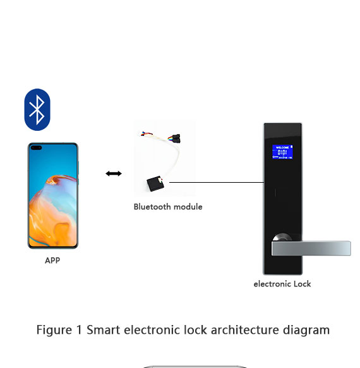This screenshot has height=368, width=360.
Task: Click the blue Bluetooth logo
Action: coord(37,109)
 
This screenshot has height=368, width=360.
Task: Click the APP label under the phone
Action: coord(52,260)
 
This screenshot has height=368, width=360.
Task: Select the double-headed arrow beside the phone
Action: coord(114,173)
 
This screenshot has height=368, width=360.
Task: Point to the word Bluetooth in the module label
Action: coord(151,207)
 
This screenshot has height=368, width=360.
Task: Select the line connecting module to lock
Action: coord(215,183)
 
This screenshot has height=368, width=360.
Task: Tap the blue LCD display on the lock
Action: coord(282,152)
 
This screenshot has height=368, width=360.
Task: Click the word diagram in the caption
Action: coord(309,330)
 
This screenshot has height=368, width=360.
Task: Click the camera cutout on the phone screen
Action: coord(35,149)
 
